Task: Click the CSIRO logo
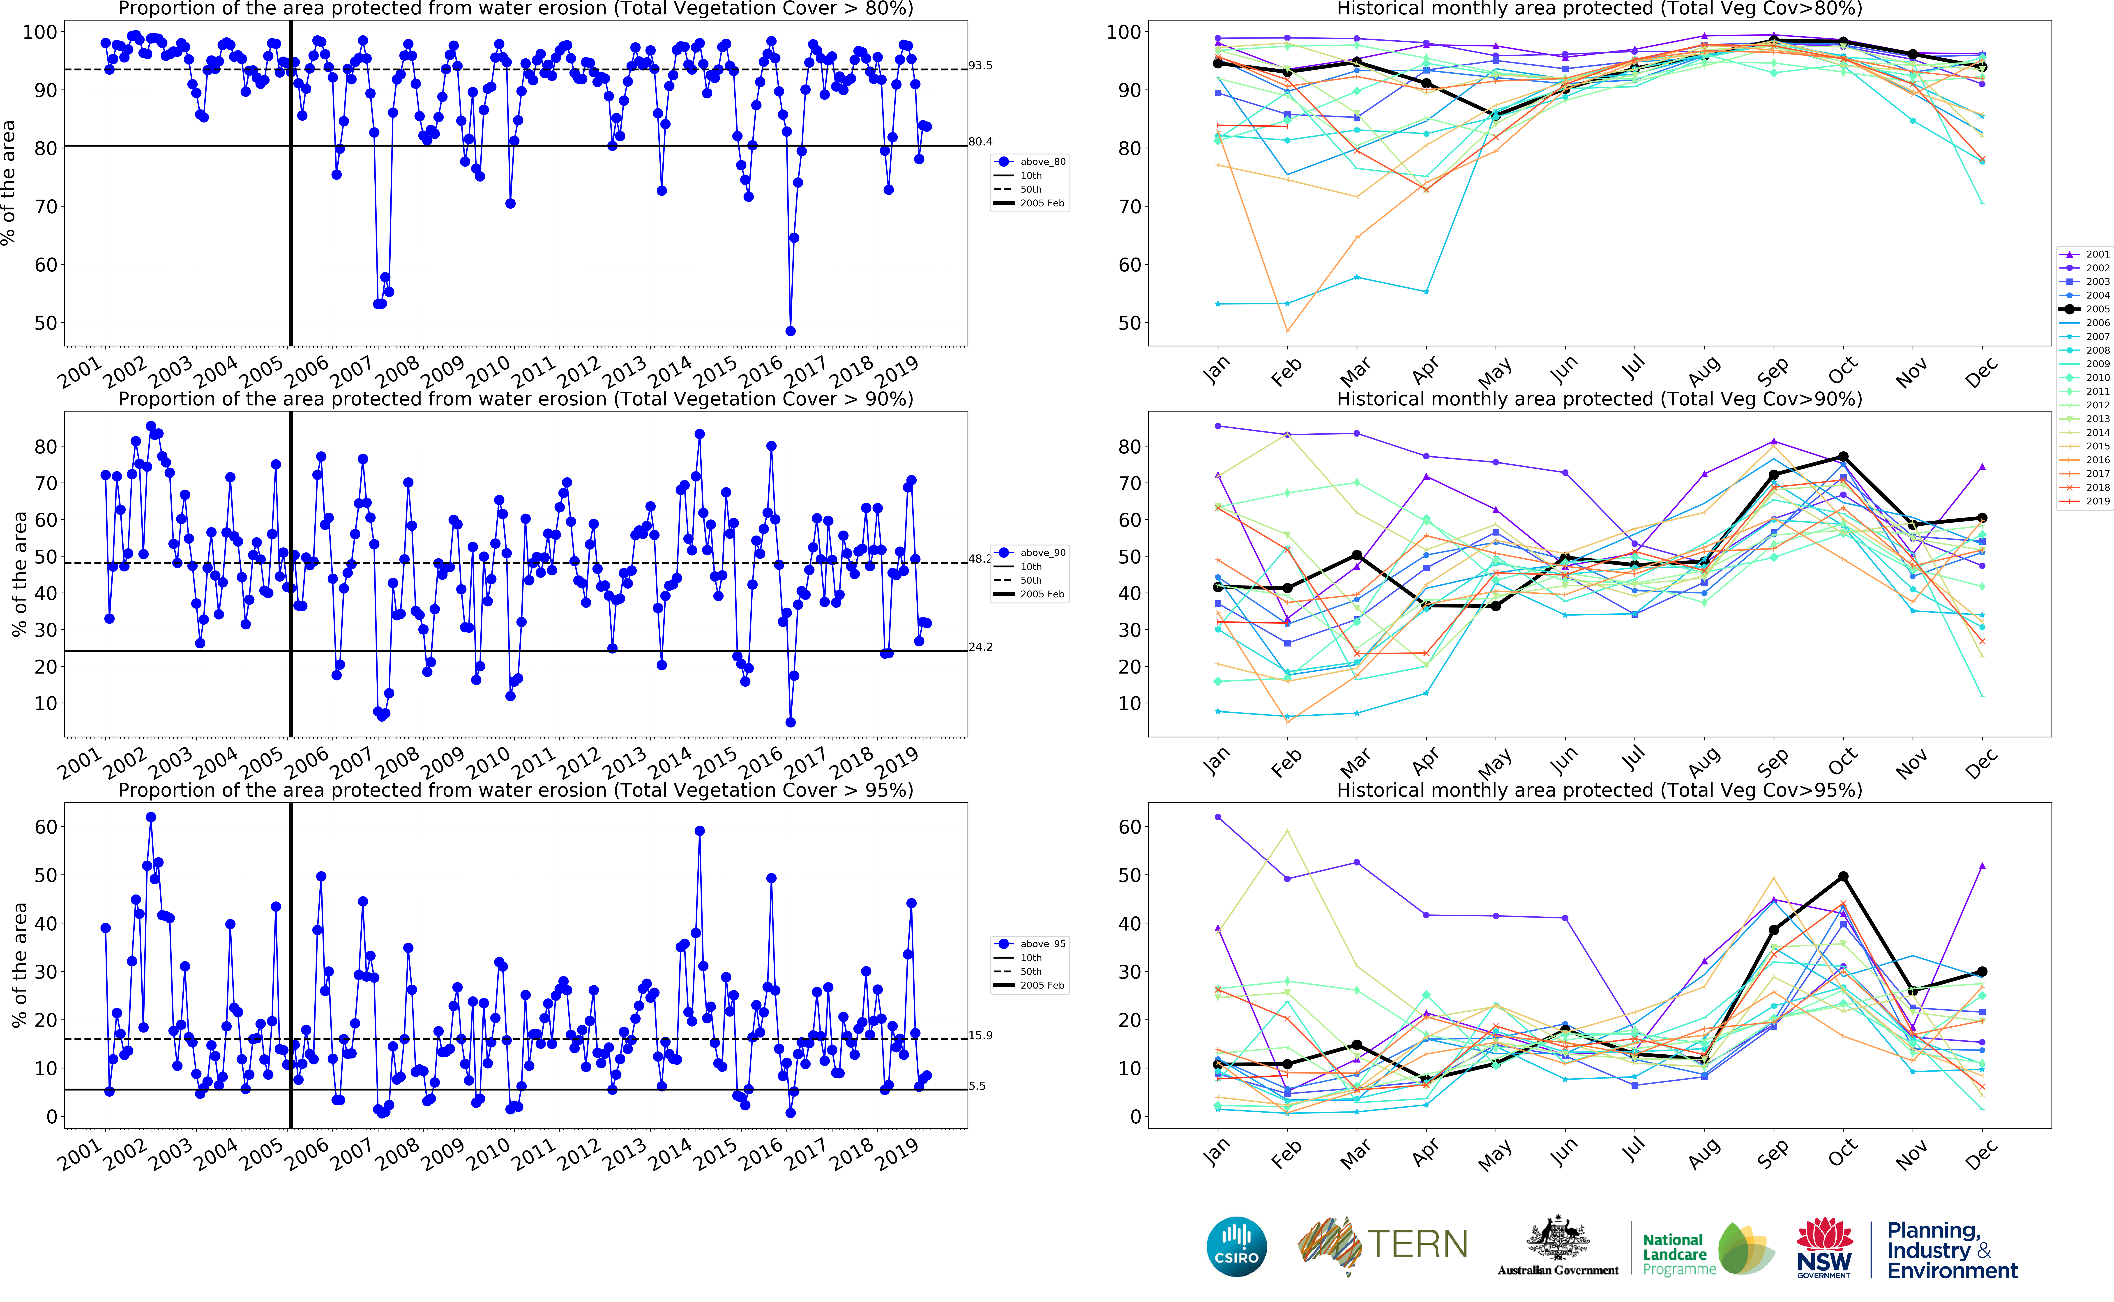[1237, 1246]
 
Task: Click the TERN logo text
[1417, 1244]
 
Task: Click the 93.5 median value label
[980, 65]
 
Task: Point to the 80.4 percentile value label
[980, 141]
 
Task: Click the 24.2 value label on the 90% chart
[980, 647]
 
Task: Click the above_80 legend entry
[1042, 162]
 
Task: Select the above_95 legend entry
[1042, 944]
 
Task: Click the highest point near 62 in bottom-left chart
[151, 817]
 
